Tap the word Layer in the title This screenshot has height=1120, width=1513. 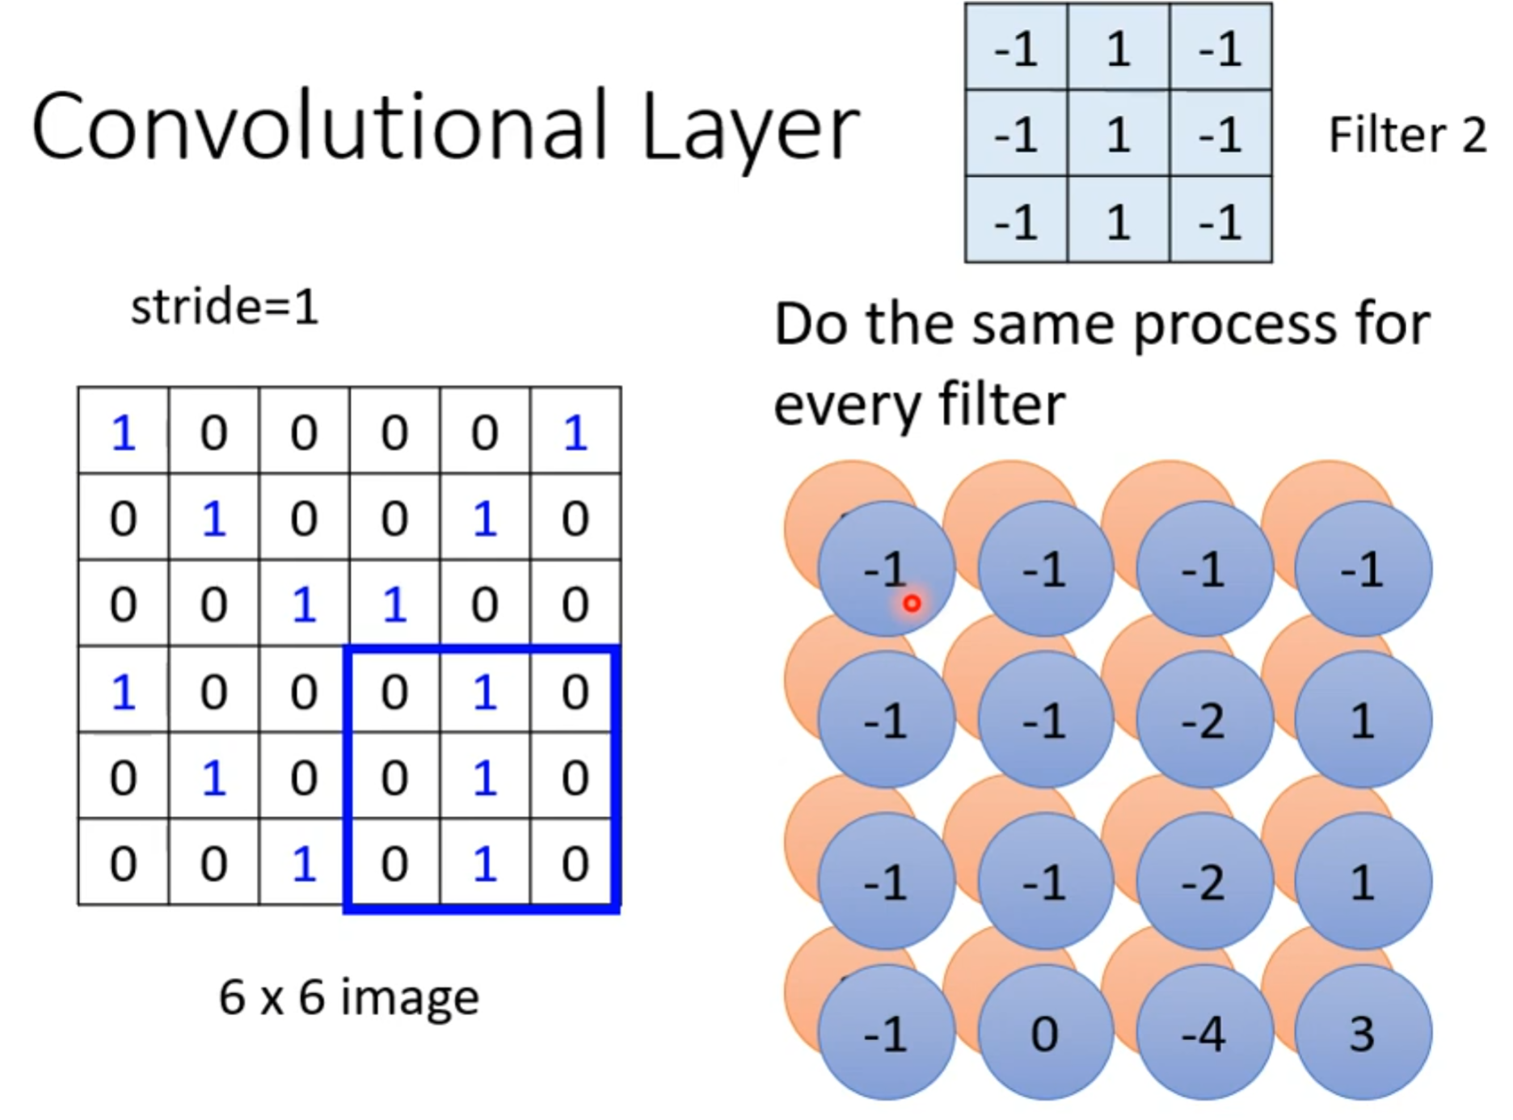750,129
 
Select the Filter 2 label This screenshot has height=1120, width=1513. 1407,134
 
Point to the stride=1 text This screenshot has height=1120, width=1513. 225,307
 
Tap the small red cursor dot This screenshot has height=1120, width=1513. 912,603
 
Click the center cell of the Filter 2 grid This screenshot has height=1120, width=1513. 1119,134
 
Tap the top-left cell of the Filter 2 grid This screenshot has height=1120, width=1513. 1016,48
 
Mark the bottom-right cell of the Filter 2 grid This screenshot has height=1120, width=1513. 1220,221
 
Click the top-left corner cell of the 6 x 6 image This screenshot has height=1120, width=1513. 123,432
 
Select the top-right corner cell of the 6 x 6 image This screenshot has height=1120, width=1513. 575,432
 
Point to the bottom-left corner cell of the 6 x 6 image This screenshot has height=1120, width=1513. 123,863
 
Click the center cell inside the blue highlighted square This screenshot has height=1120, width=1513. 484,777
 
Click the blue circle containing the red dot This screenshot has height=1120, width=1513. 886,569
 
